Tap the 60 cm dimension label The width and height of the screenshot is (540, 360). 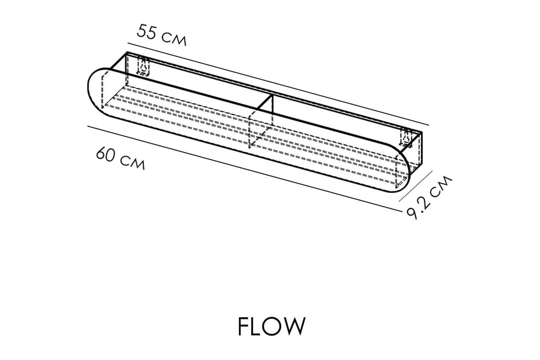click(120, 159)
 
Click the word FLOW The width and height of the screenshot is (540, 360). click(271, 326)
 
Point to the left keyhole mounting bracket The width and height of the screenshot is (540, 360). click(144, 67)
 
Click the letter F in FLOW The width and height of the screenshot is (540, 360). click(243, 326)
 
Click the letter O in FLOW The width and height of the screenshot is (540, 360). click(273, 326)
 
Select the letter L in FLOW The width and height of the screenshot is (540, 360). click(257, 326)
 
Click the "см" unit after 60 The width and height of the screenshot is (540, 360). click(134, 163)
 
